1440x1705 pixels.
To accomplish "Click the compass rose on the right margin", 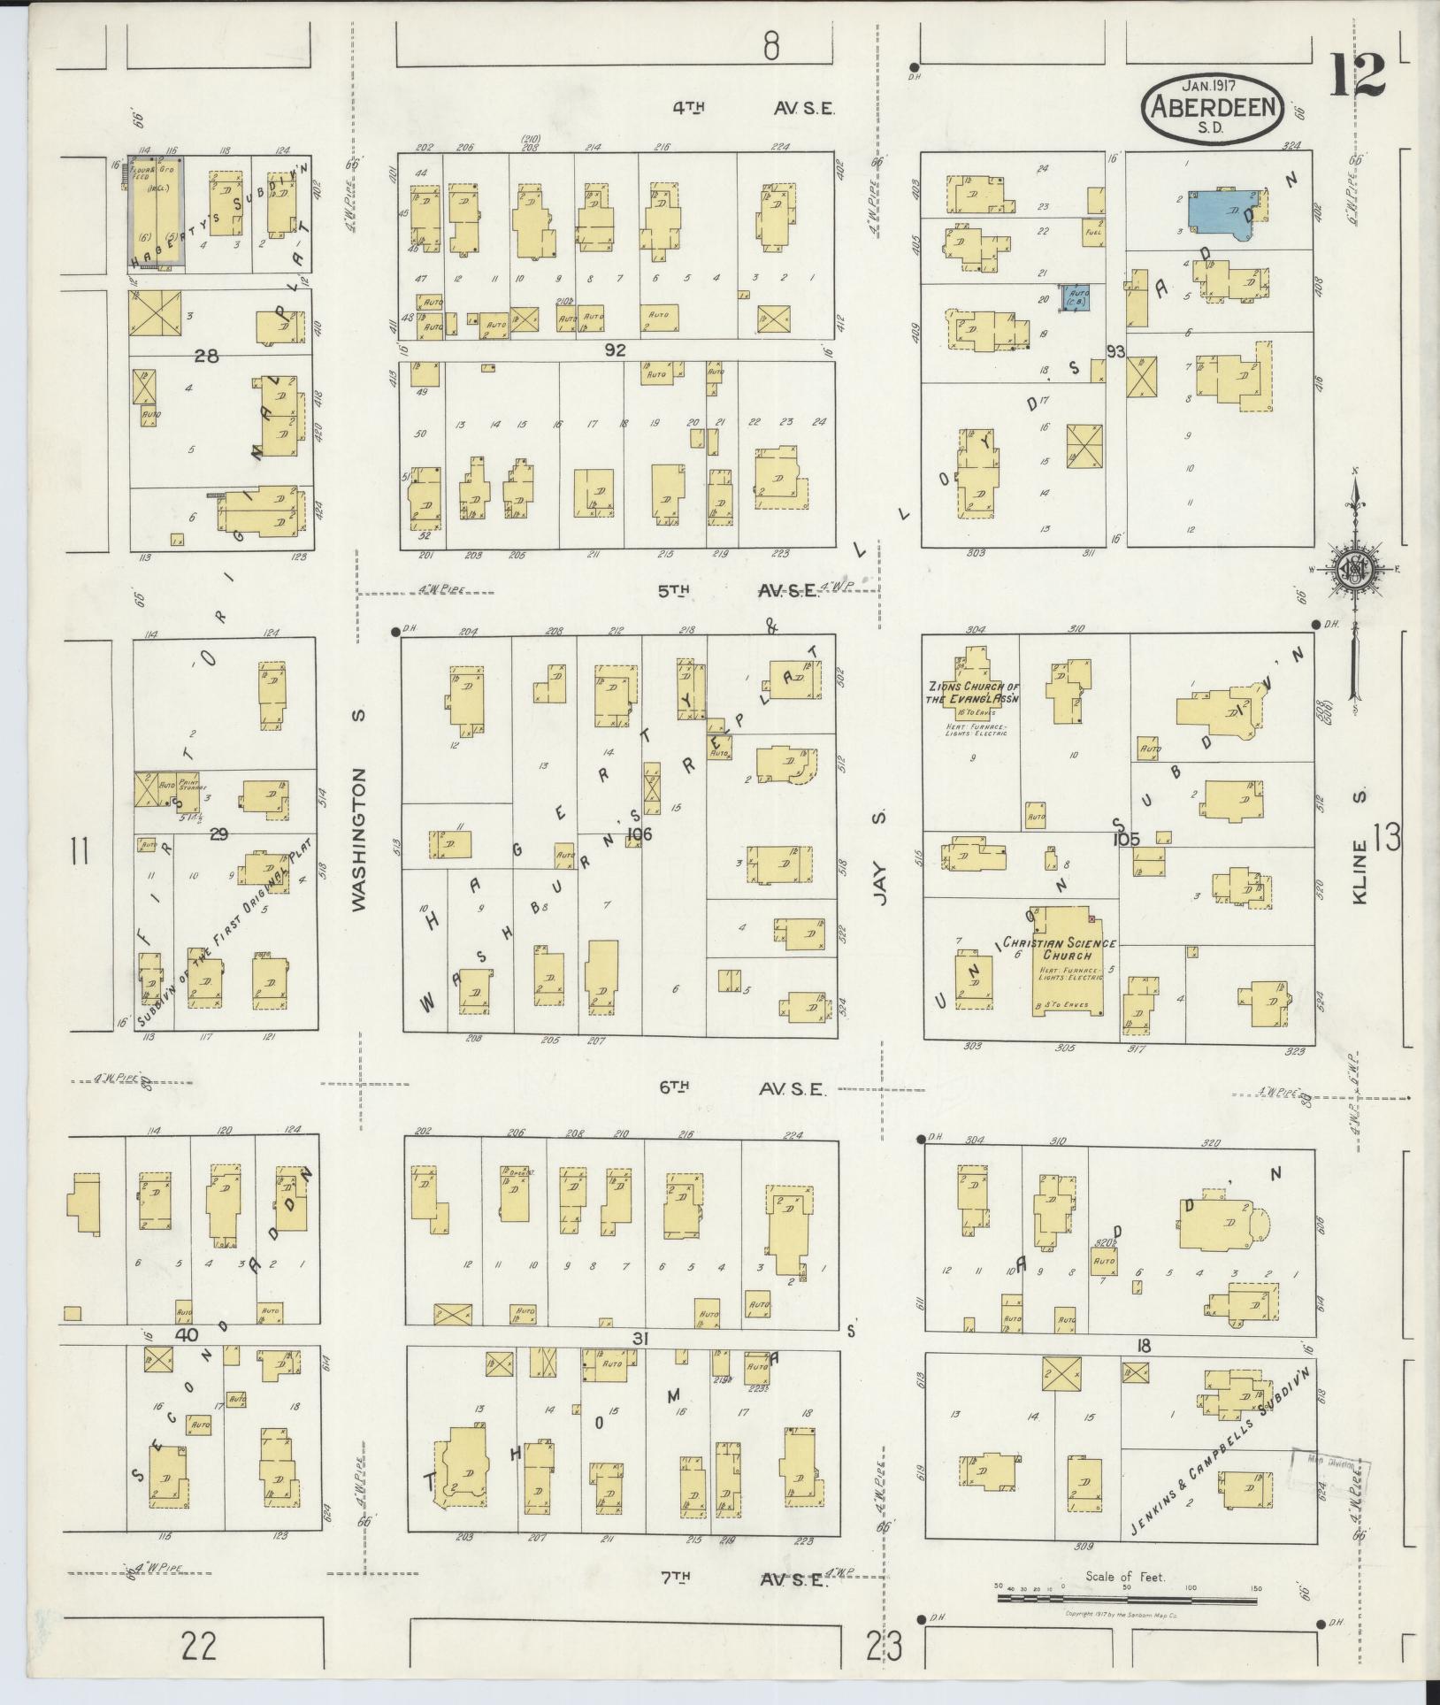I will click(1353, 569).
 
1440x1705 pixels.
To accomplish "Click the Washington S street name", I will click(358, 839).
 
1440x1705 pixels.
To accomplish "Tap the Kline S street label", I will click(1360, 848).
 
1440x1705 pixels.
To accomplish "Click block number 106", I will click(638, 833).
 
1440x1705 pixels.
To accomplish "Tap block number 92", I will click(615, 350).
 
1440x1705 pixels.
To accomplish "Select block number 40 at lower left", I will click(185, 1334).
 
